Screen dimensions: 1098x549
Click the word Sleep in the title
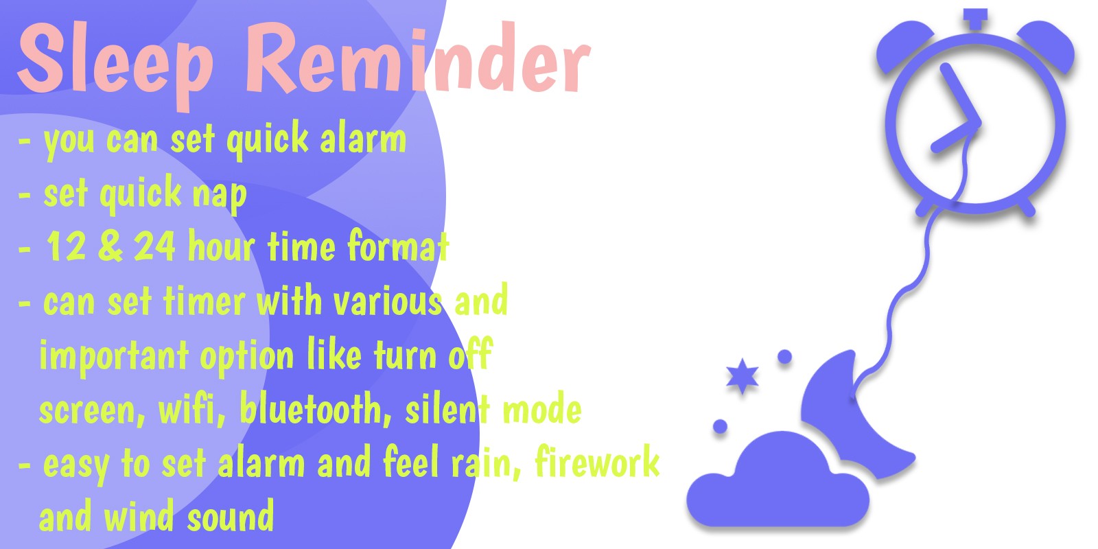(116, 61)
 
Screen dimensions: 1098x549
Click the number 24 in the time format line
(154, 246)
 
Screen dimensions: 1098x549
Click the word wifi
(191, 408)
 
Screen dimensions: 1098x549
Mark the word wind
(139, 515)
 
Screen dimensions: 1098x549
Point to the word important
(114, 356)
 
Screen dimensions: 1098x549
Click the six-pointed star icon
(742, 377)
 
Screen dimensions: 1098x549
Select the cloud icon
(778, 483)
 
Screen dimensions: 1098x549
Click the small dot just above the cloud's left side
(720, 426)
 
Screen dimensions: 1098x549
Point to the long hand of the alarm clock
(960, 94)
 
